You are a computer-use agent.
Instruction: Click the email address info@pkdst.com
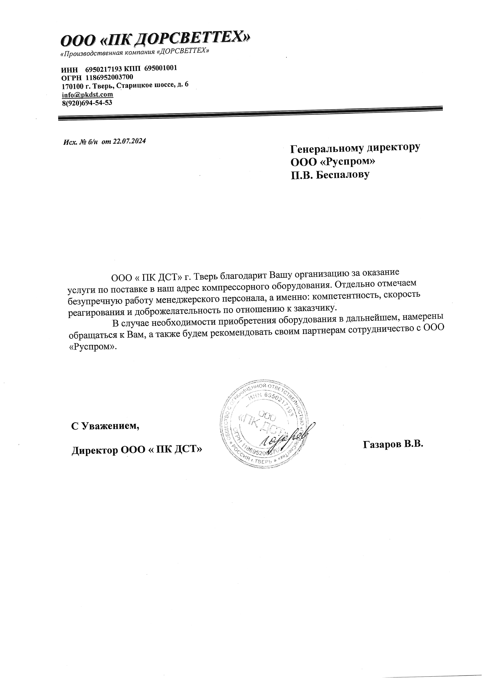click(x=87, y=95)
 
